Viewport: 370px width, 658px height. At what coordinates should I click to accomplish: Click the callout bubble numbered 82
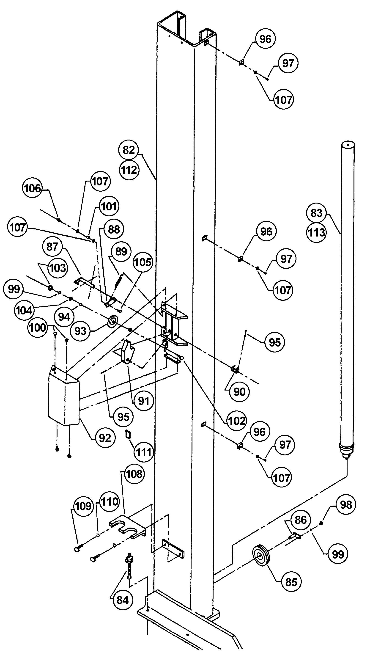tap(129, 150)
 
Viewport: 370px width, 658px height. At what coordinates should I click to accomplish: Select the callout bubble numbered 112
tap(129, 170)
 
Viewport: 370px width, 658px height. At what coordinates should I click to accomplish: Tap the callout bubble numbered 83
tap(316, 213)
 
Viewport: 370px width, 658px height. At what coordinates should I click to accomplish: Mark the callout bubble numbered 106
tap(33, 189)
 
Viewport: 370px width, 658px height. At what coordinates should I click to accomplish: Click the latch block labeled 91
tap(127, 352)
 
